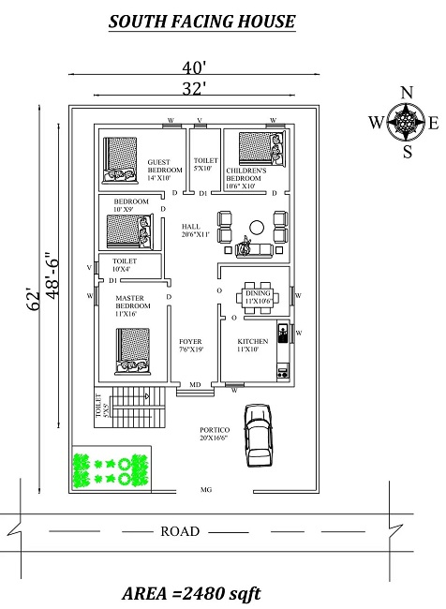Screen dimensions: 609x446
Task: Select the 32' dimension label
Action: [194, 88]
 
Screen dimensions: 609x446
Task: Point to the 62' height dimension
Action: [34, 300]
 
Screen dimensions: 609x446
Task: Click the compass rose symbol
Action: [407, 122]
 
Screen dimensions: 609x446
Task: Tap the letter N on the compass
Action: [407, 93]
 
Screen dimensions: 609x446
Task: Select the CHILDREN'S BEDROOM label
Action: [247, 178]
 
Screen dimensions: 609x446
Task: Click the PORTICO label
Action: [214, 433]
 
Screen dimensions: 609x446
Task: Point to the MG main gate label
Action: [206, 490]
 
